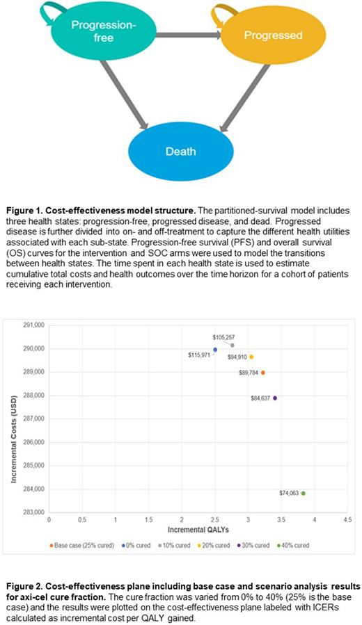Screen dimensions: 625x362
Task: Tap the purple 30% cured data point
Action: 275,398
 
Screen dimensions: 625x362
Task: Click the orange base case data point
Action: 262,373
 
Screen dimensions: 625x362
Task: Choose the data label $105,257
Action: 224,337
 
